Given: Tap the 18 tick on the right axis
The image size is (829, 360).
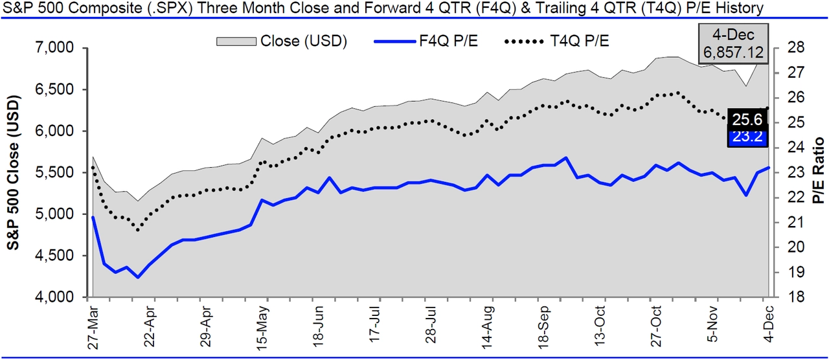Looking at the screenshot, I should pyautogui.click(x=795, y=297).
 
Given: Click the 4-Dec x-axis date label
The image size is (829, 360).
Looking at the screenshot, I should pyautogui.click(x=768, y=326).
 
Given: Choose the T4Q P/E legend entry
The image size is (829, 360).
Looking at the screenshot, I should pyautogui.click(x=557, y=41).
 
